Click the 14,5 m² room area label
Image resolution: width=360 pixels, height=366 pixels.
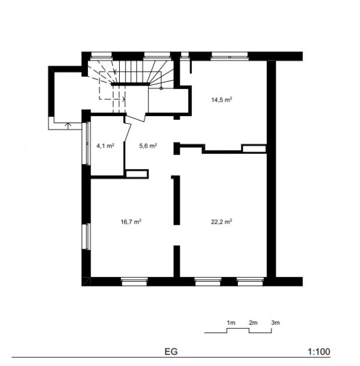click(x=221, y=100)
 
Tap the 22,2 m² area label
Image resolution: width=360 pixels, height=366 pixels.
click(x=221, y=221)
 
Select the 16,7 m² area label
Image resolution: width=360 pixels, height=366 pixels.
click(x=131, y=221)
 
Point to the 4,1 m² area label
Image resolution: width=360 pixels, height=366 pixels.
click(x=105, y=146)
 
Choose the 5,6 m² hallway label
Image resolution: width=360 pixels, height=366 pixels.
click(x=148, y=146)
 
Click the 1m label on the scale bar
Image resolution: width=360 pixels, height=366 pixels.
click(x=231, y=323)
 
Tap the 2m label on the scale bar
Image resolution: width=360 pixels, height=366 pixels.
click(x=253, y=323)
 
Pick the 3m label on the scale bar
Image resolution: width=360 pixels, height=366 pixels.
click(x=276, y=323)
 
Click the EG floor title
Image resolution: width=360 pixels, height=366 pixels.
click(x=171, y=351)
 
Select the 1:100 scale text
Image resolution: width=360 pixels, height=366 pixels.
click(x=319, y=351)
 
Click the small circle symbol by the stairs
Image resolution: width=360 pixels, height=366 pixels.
click(x=161, y=88)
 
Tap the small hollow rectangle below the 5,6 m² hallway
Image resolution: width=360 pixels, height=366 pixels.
click(x=137, y=174)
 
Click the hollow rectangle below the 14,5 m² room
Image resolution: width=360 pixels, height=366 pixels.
click(x=254, y=149)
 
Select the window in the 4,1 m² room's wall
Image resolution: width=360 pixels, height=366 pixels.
click(x=86, y=143)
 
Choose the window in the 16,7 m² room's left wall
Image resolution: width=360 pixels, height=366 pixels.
click(x=86, y=236)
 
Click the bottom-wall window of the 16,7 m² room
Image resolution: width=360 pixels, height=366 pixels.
click(x=134, y=282)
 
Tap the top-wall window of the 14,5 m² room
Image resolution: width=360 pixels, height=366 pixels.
click(x=230, y=56)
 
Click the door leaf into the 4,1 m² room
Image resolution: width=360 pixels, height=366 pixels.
click(x=128, y=132)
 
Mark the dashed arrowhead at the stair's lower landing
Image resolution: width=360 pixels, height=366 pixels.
click(x=124, y=99)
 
